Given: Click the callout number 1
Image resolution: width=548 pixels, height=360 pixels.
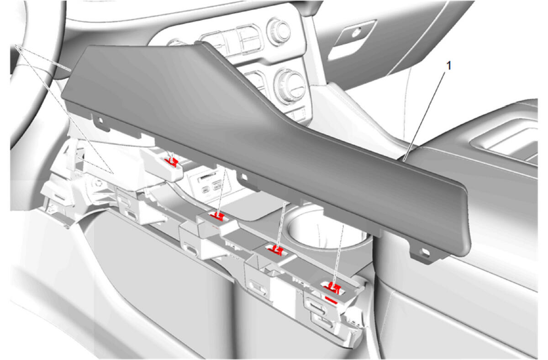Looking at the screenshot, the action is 448,66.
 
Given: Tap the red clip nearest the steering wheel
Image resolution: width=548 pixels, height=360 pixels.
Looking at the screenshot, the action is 172,162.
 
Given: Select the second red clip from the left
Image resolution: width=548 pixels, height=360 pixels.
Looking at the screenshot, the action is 217,216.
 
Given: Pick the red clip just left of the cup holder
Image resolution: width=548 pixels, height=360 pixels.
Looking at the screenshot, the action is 276,250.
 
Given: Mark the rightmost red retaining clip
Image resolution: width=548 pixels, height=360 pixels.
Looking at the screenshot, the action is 334,287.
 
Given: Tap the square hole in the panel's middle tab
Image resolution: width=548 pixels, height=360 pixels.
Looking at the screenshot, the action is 244,176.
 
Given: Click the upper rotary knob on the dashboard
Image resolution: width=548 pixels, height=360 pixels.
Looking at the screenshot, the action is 279,31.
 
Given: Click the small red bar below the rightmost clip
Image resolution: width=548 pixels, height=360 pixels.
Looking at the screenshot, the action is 331,300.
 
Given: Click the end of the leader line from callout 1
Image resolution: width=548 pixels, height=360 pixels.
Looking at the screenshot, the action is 403,161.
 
